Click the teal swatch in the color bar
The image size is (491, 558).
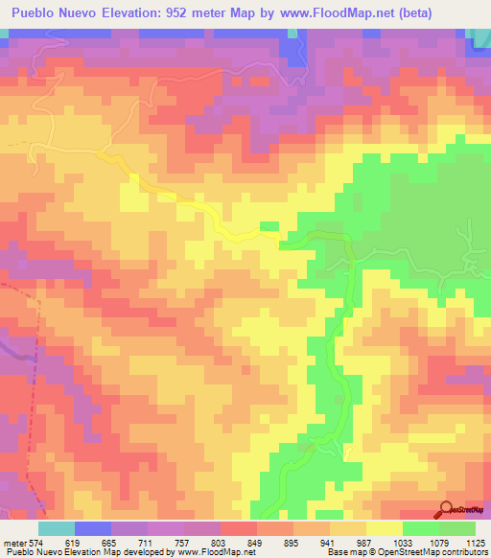[x=57, y=528]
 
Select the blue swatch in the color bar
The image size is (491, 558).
[x=93, y=528]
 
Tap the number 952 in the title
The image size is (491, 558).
[x=174, y=13]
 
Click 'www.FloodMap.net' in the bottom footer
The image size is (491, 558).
[x=217, y=552]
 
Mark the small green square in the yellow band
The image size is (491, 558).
[x=269, y=226]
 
